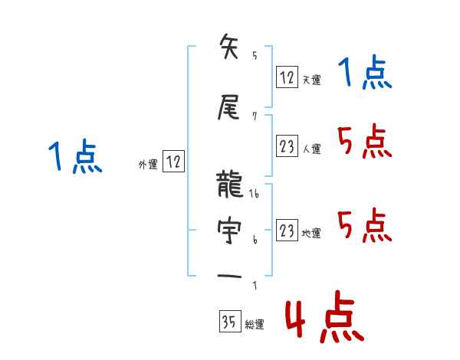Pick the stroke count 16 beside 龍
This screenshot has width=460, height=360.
[255, 195]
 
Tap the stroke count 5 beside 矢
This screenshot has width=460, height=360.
[255, 56]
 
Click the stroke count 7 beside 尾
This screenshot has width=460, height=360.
[255, 116]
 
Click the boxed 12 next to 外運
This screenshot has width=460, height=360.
[174, 162]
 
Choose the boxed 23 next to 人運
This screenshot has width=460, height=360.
[287, 146]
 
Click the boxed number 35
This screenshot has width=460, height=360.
[228, 322]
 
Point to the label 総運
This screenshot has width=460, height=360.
[255, 325]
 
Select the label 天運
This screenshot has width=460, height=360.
[311, 80]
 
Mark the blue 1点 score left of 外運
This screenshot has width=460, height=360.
[74, 157]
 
